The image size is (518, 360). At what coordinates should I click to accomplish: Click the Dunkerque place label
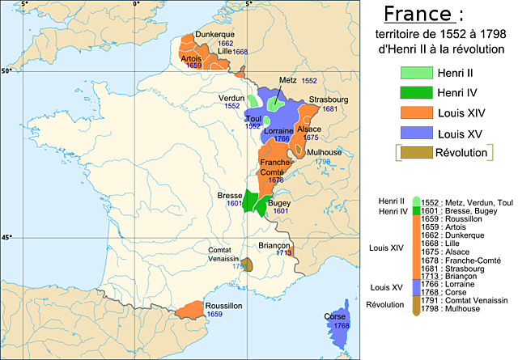point(214,35)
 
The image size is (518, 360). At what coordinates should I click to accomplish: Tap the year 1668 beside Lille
point(240,52)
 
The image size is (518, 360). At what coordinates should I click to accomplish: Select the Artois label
point(192,58)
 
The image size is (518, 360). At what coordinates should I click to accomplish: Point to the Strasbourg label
point(328,100)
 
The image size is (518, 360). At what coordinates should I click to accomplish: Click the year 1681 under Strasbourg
point(330,108)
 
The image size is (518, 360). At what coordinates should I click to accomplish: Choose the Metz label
point(287,81)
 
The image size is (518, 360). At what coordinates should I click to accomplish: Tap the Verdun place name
point(231,98)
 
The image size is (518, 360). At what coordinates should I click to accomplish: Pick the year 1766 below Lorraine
point(282,138)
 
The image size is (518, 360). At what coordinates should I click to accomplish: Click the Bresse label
point(230,196)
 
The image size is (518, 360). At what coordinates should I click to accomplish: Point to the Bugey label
point(279,203)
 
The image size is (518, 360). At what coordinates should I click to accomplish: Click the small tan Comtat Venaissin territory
point(248,264)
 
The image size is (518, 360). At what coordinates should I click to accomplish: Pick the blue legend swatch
point(416,132)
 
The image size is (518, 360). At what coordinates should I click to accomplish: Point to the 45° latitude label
point(6,237)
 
